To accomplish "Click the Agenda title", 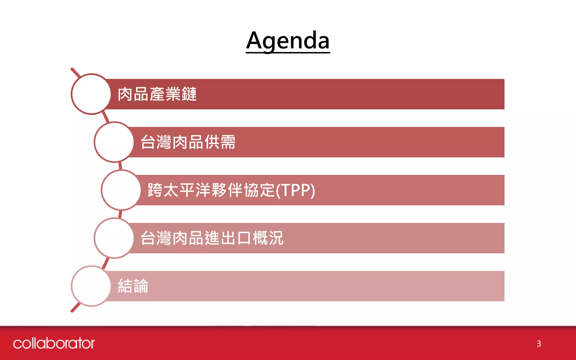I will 288,41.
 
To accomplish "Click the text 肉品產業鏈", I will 157,94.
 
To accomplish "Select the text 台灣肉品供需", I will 188,142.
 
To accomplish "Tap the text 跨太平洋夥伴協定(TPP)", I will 231,190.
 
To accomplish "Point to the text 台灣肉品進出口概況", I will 212,238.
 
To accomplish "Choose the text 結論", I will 133,286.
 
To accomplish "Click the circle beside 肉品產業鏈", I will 91,94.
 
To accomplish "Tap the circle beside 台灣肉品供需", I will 114,142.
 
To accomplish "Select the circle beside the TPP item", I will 121,190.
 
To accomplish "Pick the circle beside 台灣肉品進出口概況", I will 114,238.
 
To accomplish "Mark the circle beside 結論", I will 91,286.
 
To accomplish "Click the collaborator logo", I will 54,343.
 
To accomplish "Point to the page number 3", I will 539,344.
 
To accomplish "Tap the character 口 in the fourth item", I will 244,238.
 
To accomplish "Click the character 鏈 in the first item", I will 189,94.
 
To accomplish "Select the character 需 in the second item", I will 228,142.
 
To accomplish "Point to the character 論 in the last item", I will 141,286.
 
